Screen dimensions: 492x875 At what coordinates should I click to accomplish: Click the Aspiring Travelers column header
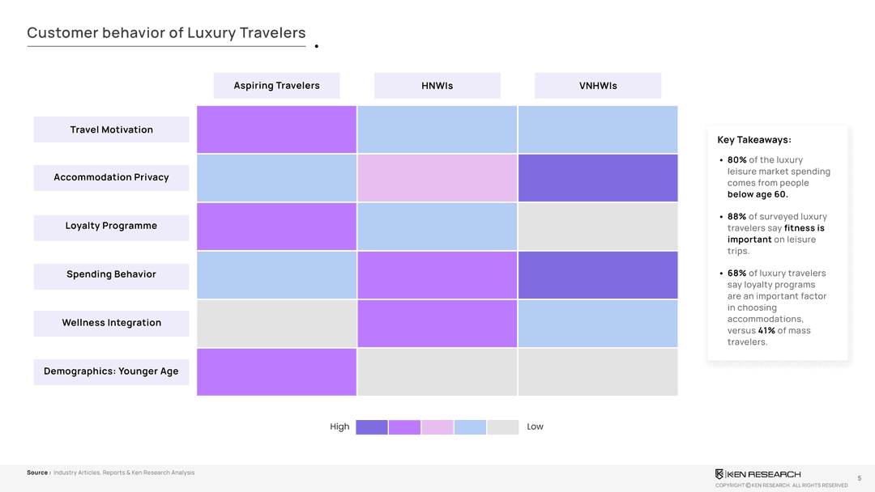click(x=276, y=86)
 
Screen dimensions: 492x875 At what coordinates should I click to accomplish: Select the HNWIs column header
click(x=437, y=86)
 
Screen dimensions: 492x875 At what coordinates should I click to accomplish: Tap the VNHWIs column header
click(x=598, y=86)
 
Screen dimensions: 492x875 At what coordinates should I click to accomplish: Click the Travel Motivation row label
click(x=111, y=129)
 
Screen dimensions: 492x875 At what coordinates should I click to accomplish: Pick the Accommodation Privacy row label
click(x=111, y=177)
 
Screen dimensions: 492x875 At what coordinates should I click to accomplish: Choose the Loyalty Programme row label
click(x=111, y=226)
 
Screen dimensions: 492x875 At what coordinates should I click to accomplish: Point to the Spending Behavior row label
click(x=111, y=274)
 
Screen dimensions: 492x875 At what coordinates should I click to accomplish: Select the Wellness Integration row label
click(x=111, y=323)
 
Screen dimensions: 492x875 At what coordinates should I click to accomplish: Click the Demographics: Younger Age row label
click(x=111, y=371)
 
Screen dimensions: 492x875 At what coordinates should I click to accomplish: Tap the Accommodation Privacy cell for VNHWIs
click(x=598, y=178)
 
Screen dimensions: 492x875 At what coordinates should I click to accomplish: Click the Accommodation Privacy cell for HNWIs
click(x=437, y=178)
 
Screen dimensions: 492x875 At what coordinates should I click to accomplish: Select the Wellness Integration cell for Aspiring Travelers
click(x=276, y=324)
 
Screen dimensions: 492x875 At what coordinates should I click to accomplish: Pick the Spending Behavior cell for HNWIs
click(x=437, y=275)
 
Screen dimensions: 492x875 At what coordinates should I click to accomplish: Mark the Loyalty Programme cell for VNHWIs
click(x=598, y=227)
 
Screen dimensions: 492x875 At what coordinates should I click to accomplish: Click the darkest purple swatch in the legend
click(x=372, y=427)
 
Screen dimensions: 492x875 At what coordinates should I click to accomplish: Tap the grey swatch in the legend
click(x=502, y=427)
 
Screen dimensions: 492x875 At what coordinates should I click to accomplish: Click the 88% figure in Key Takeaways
click(x=736, y=217)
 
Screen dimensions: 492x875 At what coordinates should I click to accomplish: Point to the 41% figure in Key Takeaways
click(x=766, y=330)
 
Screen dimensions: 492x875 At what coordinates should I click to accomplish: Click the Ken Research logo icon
click(x=719, y=474)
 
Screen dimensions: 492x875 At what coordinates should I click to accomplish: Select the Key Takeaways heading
click(x=754, y=140)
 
